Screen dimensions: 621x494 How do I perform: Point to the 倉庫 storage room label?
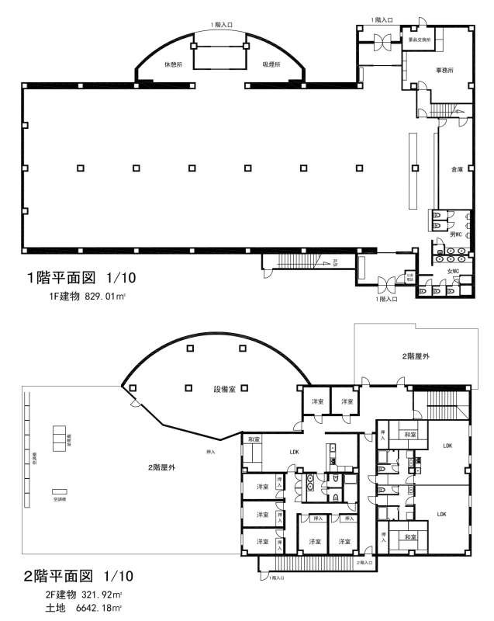tap(447, 169)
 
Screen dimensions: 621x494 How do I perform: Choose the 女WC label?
tap(453, 270)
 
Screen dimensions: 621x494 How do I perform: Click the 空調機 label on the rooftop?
tap(59, 499)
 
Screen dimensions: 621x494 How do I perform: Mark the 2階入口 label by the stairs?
tap(364, 560)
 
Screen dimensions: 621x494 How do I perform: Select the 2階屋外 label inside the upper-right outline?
tap(416, 356)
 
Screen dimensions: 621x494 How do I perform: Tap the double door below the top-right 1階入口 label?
tap(382, 45)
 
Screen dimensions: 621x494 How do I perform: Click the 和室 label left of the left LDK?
tap(254, 439)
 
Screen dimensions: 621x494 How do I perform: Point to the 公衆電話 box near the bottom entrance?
tap(409, 276)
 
